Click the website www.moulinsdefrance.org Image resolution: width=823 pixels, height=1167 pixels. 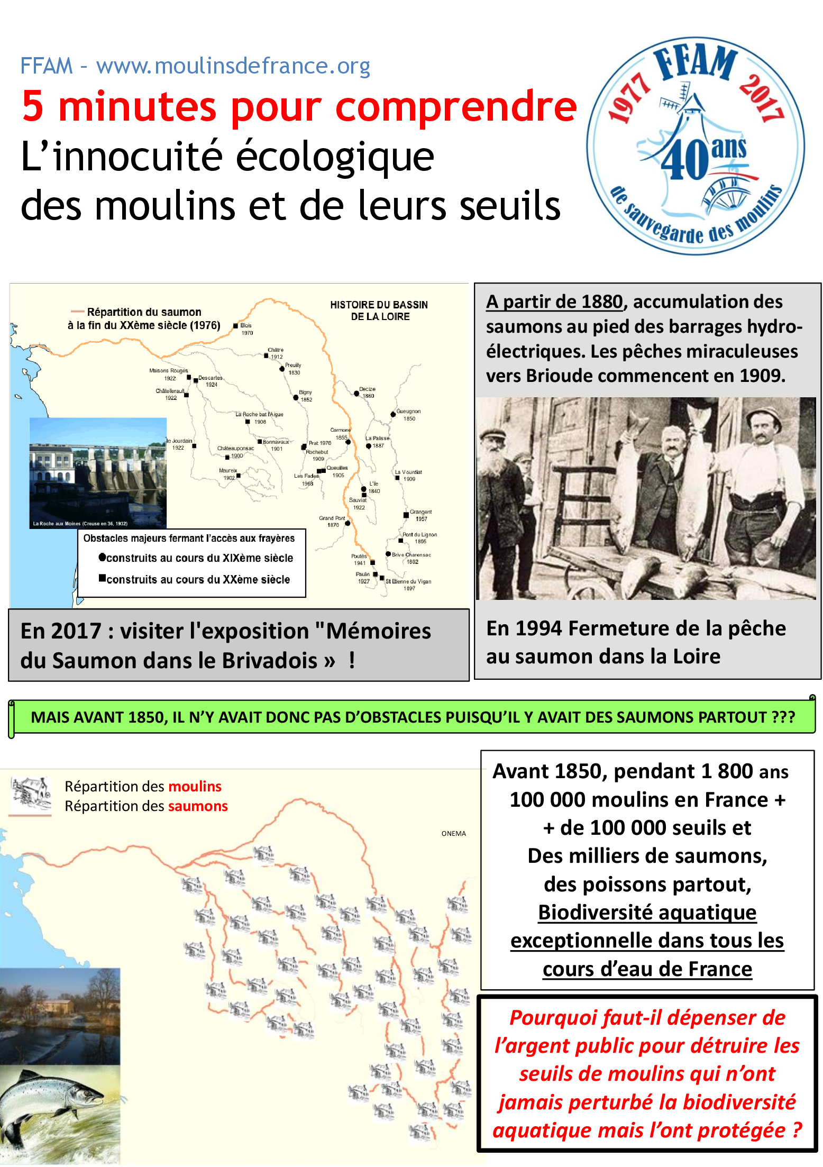233,67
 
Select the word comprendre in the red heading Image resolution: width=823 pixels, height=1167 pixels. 456,107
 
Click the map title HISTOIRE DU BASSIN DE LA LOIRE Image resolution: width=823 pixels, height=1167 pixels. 379,311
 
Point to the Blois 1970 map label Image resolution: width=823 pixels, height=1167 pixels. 245,329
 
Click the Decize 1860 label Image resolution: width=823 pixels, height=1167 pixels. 367,393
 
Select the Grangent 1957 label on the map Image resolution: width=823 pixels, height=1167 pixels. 420,515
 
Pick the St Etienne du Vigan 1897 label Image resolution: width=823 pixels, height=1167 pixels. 408,584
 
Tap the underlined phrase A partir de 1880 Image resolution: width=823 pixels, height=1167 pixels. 554,302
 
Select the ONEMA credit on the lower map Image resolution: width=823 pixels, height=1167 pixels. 454,834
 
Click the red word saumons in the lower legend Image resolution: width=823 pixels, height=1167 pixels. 198,806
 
